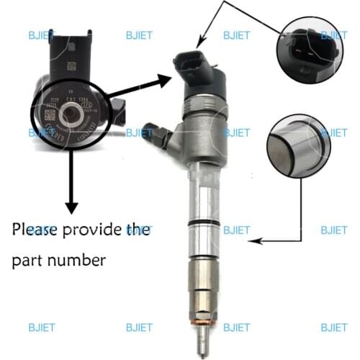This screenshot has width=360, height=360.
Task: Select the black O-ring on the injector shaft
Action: [x=205, y=224]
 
